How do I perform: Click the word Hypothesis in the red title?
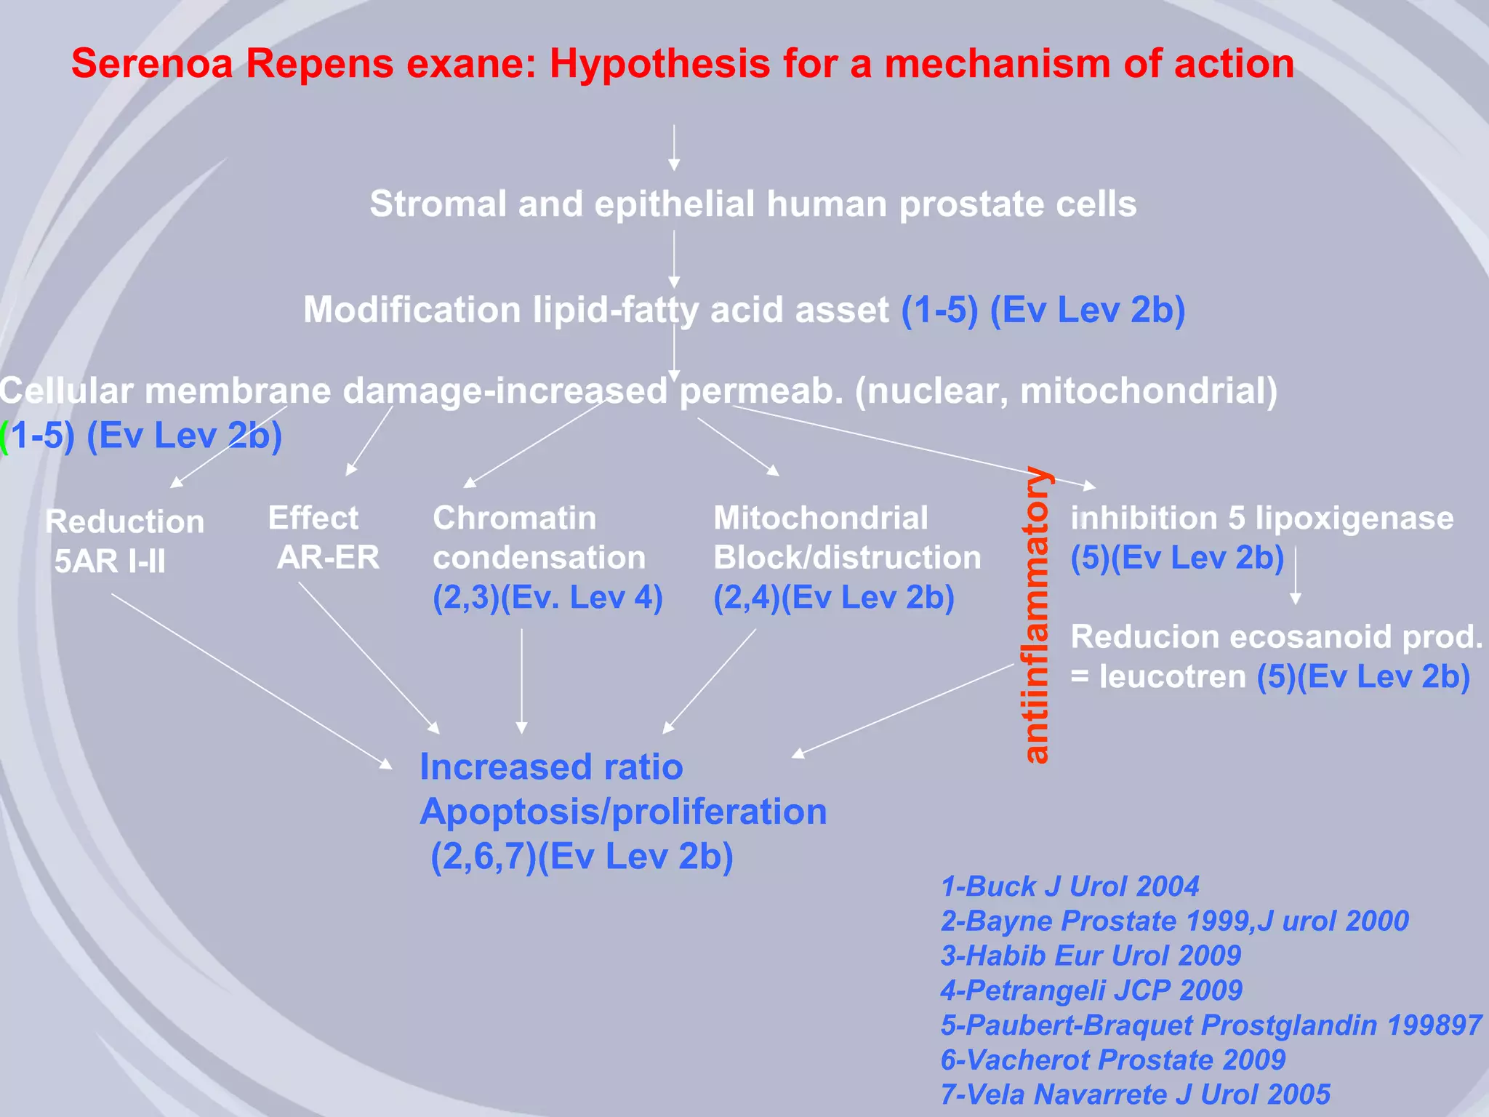tap(659, 64)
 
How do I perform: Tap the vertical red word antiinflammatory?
tap(1036, 615)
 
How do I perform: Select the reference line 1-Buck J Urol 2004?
tap(1069, 886)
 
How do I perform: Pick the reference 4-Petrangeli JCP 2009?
tap(1091, 990)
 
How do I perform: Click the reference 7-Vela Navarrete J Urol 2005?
tap(1135, 1094)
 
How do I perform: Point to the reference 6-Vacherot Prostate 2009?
tap(1112, 1060)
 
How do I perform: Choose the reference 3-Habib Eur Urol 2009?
tap(1091, 956)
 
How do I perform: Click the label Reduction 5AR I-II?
tap(124, 541)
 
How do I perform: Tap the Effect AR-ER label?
tap(324, 537)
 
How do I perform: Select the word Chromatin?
tap(515, 519)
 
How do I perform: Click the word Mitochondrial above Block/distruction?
tap(821, 519)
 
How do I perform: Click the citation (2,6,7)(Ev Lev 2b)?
tap(582, 856)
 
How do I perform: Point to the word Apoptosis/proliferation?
tap(623, 812)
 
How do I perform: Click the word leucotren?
tap(1173, 677)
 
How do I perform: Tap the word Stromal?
tap(438, 204)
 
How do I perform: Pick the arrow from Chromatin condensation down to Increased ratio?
tap(521, 680)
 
